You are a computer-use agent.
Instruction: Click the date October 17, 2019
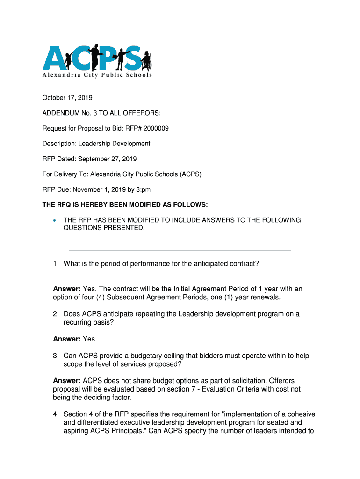tap(67, 98)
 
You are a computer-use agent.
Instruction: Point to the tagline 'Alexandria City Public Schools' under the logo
tap(97, 75)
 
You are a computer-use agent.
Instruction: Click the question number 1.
tap(55, 264)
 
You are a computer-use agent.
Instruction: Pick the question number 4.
tap(55, 414)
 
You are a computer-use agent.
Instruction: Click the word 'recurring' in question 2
tap(78, 322)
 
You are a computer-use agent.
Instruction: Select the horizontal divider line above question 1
tap(180, 251)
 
